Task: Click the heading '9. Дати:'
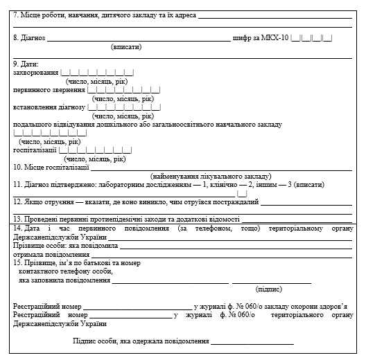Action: [x=26, y=64]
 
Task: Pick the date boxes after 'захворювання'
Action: [x=97, y=72]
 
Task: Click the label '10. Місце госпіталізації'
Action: [x=51, y=167]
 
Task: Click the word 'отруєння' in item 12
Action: [x=58, y=202]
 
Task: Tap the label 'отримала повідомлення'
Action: [x=46, y=254]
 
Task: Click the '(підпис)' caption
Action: [x=268, y=288]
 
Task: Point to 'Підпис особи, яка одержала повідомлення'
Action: [x=141, y=341]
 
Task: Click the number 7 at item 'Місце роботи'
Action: [x=16, y=12]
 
